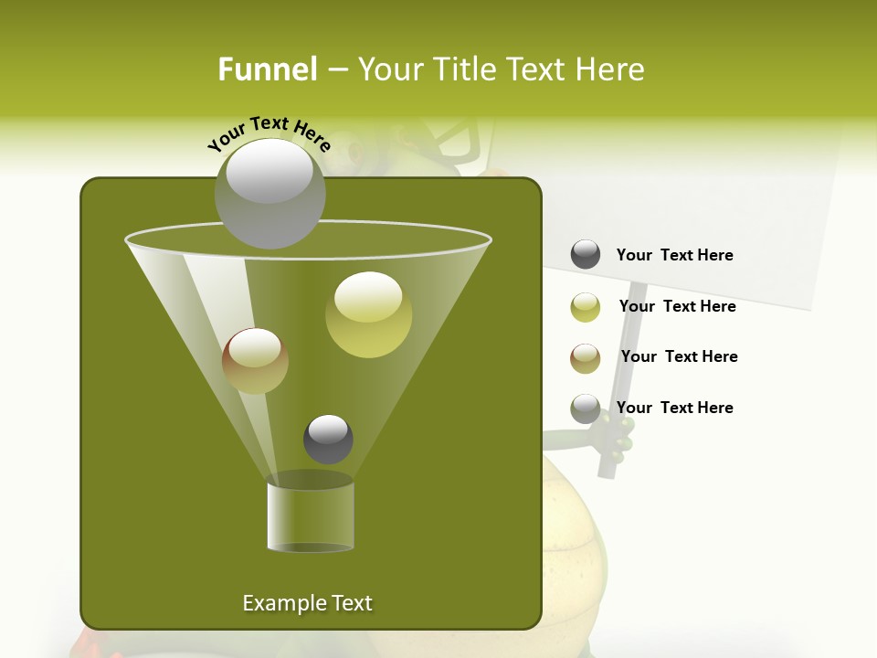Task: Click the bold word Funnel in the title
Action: click(x=267, y=69)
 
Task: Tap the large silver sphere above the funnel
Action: click(x=269, y=193)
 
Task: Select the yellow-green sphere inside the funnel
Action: click(x=368, y=313)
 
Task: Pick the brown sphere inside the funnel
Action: click(x=255, y=361)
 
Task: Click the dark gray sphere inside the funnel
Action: click(x=328, y=439)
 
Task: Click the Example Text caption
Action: click(x=307, y=603)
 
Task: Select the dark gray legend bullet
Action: click(x=586, y=255)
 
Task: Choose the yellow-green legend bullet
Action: click(x=586, y=307)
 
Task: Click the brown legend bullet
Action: click(x=586, y=358)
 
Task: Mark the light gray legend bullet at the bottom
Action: click(x=586, y=409)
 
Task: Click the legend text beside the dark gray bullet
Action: click(x=674, y=256)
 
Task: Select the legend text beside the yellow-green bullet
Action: click(x=677, y=307)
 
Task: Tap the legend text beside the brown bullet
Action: click(x=679, y=357)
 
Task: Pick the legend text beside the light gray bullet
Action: click(x=674, y=408)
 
